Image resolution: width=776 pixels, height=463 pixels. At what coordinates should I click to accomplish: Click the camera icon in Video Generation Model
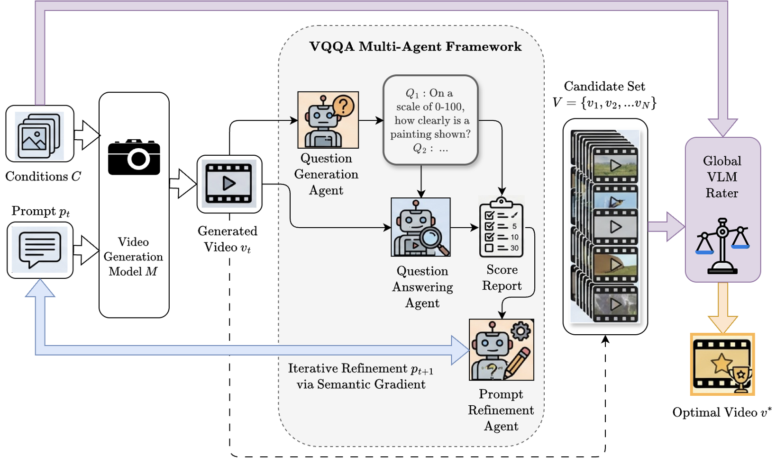point(134,157)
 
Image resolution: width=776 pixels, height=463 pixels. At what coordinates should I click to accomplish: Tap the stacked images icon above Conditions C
point(39,135)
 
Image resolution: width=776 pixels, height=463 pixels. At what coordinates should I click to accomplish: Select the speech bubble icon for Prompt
point(40,249)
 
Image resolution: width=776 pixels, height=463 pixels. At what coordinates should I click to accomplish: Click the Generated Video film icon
point(229,184)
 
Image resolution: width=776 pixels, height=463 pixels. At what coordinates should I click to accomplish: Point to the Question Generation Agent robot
point(328,120)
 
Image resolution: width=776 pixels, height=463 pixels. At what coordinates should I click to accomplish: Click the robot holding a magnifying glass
point(420,227)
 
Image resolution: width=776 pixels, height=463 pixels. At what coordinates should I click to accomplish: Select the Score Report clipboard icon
point(501,228)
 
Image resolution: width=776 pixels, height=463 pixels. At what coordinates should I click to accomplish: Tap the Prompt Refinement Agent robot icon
point(501,350)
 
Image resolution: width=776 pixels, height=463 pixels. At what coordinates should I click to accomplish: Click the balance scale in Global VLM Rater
point(722,246)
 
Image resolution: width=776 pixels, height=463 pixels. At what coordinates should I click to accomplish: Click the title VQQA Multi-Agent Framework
point(415,47)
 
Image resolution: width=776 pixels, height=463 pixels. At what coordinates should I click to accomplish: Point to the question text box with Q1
point(430,120)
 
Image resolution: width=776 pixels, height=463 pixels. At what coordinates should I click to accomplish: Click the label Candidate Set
point(604,87)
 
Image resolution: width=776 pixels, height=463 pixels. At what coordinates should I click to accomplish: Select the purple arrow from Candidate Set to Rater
point(666,227)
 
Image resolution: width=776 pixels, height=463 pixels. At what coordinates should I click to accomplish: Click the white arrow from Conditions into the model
point(87,135)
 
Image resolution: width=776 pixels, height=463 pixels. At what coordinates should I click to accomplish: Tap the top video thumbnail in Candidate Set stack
point(615,165)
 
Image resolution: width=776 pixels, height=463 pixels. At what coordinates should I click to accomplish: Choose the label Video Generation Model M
point(133,257)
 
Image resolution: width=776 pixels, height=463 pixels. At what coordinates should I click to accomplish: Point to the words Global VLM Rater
point(722,177)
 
